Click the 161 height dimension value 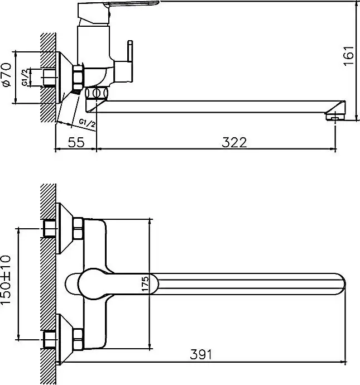click(x=349, y=56)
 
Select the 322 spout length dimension click(x=235, y=142)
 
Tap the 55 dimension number click(x=76, y=142)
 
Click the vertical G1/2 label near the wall click(x=25, y=77)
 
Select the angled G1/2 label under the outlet click(x=87, y=122)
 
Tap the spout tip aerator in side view click(x=334, y=116)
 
